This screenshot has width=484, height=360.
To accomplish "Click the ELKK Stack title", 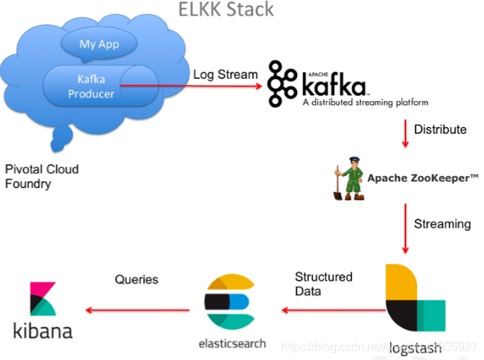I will (x=226, y=9).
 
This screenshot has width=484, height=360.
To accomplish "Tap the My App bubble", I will (x=99, y=43).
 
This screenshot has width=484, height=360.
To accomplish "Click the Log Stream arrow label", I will (x=225, y=74).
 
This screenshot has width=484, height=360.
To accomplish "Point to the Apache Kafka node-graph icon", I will (x=283, y=84).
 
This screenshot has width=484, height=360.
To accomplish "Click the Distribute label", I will (x=439, y=129).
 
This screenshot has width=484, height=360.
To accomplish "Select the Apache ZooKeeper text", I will (x=423, y=177).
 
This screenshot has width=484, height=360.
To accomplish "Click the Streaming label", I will (x=442, y=224).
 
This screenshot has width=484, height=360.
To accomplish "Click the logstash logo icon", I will (x=413, y=302).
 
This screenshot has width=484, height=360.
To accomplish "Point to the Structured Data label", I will (x=324, y=283).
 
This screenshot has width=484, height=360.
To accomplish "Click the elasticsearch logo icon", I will (x=227, y=301).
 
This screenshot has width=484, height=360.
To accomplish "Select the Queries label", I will (x=136, y=279).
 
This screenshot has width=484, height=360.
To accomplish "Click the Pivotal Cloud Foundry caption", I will (x=41, y=177).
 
